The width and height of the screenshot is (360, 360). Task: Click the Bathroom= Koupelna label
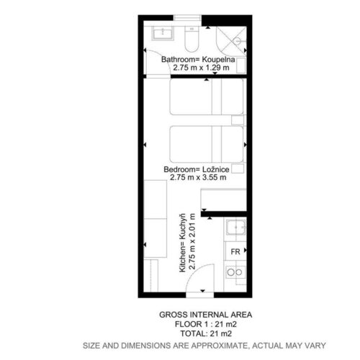click(198, 59)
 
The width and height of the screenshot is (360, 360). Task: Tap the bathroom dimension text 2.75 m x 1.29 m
click(201, 68)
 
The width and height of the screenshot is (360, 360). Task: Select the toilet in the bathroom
click(192, 39)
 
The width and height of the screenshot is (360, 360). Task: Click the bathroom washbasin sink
click(163, 33)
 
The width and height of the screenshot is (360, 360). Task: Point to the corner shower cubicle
click(231, 41)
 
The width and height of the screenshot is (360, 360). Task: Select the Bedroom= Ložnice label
click(197, 169)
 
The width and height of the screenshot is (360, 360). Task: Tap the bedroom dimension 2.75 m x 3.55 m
click(198, 177)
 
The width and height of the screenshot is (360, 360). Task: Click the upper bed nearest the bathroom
click(207, 96)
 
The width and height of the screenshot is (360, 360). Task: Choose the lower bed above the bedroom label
click(207, 144)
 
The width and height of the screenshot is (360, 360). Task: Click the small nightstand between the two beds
click(238, 120)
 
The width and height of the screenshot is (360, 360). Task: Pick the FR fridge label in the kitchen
click(235, 252)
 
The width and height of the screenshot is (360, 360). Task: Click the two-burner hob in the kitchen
click(235, 272)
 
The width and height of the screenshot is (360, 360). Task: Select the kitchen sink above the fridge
click(236, 228)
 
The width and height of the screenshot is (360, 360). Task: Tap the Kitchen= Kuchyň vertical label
click(183, 243)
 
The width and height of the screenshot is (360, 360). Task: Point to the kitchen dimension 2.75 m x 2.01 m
click(192, 241)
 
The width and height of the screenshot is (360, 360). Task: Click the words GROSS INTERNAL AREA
click(206, 315)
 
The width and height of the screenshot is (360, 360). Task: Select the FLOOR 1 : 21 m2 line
click(206, 324)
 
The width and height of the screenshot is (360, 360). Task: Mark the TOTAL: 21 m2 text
click(206, 333)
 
